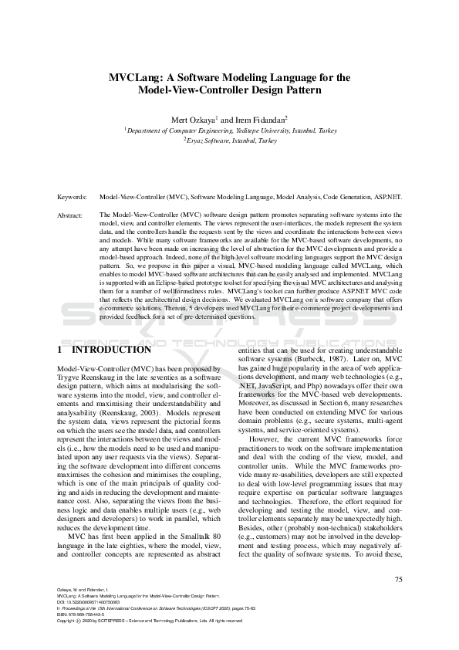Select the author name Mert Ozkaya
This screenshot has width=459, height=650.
point(193,120)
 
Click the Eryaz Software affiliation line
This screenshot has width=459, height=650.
point(231,141)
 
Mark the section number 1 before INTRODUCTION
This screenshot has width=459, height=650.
point(60,350)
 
